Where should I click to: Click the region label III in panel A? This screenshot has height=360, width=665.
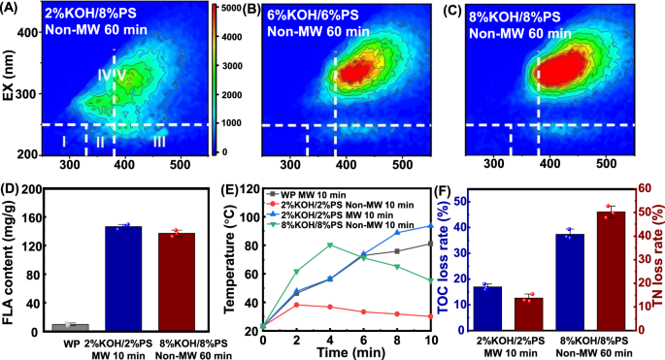(x=160, y=142)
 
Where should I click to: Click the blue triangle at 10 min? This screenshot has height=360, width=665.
(x=430, y=226)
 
